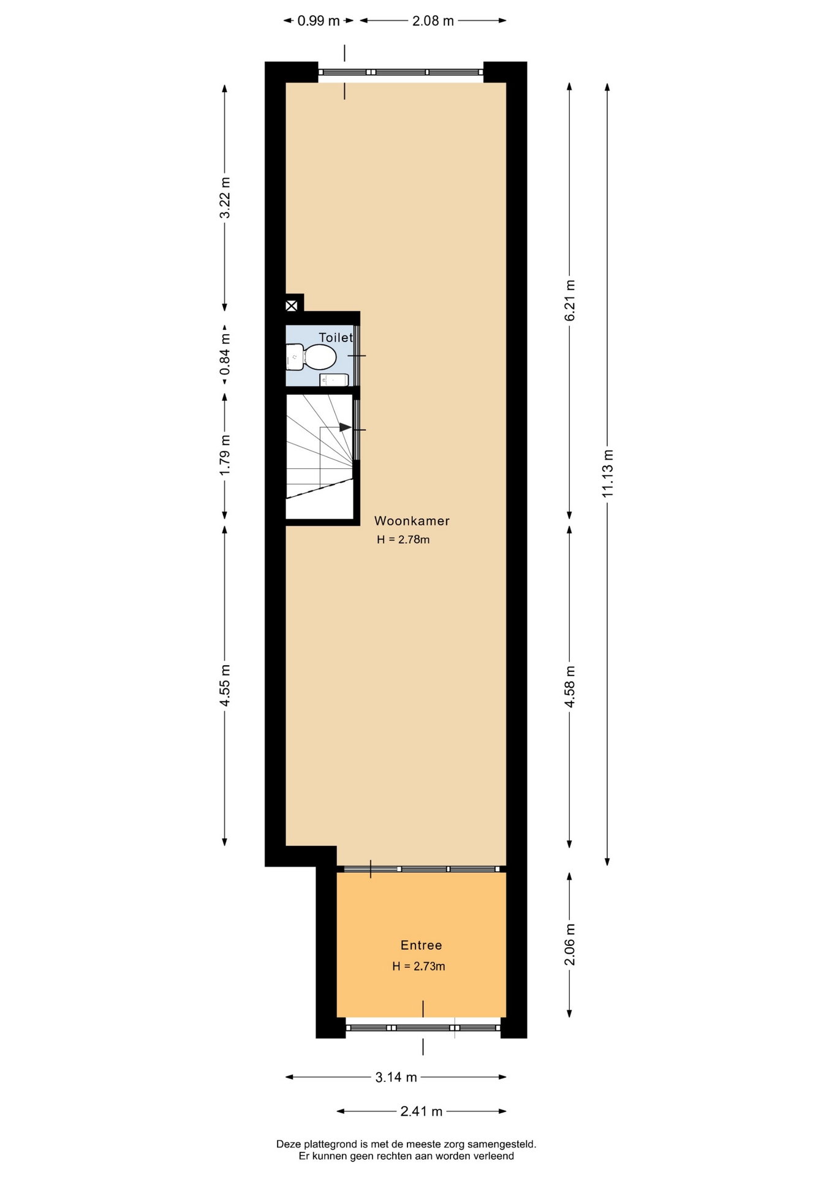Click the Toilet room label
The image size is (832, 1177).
pyautogui.click(x=336, y=338)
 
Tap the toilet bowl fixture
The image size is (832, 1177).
pyautogui.click(x=311, y=357)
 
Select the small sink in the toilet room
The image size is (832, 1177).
pyautogui.click(x=334, y=380)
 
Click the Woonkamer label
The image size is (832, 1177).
pyautogui.click(x=412, y=521)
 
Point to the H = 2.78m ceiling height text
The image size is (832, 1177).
pyautogui.click(x=403, y=540)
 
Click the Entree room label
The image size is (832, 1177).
pyautogui.click(x=421, y=945)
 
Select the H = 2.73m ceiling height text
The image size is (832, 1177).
pyautogui.click(x=418, y=966)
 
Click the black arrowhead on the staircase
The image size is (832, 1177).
pyautogui.click(x=346, y=427)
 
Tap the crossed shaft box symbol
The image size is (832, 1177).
pyautogui.click(x=292, y=305)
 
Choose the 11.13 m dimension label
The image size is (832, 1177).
pyautogui.click(x=607, y=473)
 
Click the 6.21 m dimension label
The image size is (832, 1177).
pyautogui.click(x=570, y=300)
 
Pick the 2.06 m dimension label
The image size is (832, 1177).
pyautogui.click(x=570, y=945)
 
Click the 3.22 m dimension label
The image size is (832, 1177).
pyautogui.click(x=225, y=197)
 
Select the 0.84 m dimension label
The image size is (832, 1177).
pyautogui.click(x=225, y=354)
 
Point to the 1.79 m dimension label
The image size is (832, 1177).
pyautogui.click(x=225, y=454)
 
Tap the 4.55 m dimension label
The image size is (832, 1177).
pyautogui.click(x=225, y=685)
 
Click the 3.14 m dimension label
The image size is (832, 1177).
pyautogui.click(x=396, y=1077)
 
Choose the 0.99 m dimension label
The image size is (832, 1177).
pyautogui.click(x=319, y=21)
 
